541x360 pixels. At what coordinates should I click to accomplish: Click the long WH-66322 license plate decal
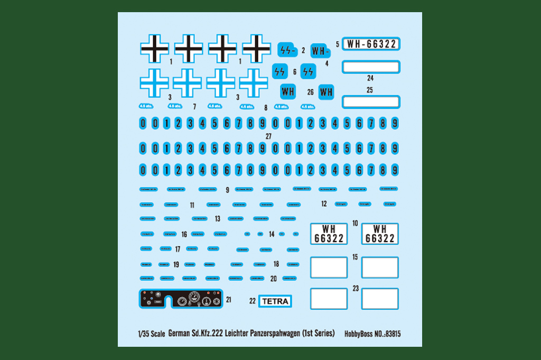(x=371, y=44)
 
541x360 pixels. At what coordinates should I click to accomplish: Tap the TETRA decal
(x=275, y=301)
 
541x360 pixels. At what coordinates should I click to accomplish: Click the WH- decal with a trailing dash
(x=320, y=51)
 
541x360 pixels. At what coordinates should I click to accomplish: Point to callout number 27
(x=269, y=136)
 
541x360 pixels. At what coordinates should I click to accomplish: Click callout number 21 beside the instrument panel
(x=228, y=300)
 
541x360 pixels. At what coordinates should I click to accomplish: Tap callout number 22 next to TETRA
(x=253, y=301)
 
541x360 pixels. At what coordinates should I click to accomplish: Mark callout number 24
(x=370, y=78)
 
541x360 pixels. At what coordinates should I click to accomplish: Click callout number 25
(x=370, y=90)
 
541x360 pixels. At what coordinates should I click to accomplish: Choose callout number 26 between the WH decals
(x=311, y=92)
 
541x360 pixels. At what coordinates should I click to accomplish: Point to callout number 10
(x=355, y=223)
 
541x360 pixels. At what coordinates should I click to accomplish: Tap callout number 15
(x=355, y=257)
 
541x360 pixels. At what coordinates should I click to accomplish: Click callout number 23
(x=356, y=289)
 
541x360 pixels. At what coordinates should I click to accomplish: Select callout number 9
(x=227, y=189)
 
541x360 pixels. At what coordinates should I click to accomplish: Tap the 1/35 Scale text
(x=151, y=334)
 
